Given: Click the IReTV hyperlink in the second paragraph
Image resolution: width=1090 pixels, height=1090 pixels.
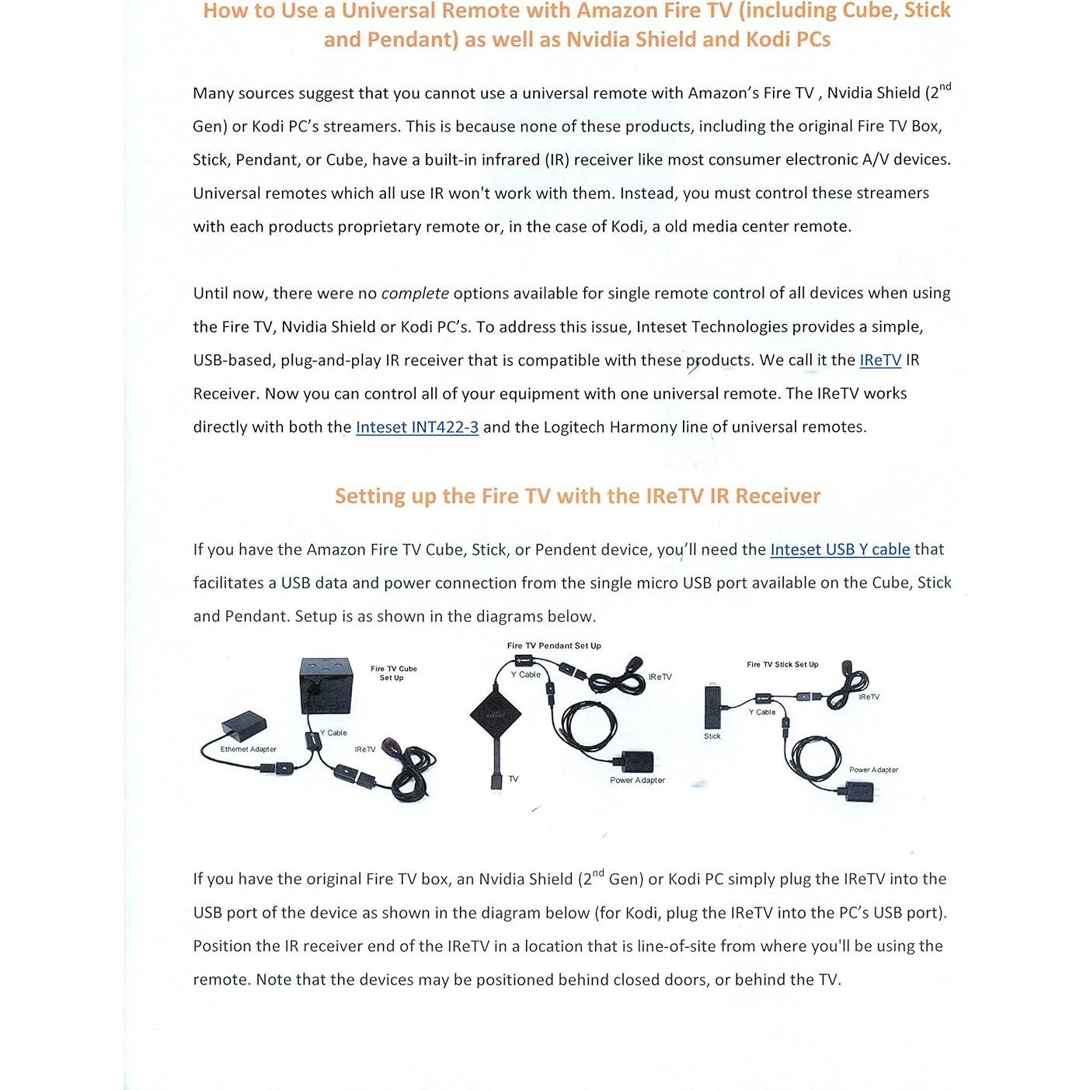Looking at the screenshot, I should [x=879, y=360].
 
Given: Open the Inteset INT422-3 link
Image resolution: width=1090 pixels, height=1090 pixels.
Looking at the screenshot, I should [x=416, y=427].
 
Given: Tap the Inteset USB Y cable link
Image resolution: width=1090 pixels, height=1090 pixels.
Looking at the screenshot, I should [x=839, y=550].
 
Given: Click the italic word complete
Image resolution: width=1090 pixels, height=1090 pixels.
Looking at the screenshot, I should [x=415, y=294].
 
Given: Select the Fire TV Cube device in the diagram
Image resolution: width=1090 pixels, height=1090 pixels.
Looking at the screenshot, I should [x=325, y=684].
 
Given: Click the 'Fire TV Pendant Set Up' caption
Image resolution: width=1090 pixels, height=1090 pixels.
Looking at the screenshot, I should [x=554, y=646].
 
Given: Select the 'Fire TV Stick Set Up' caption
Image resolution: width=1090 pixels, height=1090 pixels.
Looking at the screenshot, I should [x=782, y=664].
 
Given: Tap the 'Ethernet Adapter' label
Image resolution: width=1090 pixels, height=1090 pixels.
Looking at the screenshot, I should [x=248, y=750].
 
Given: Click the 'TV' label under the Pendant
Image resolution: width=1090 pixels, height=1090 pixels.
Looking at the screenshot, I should [x=514, y=779].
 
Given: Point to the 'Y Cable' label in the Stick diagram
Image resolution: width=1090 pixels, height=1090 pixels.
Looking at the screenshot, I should [x=761, y=712].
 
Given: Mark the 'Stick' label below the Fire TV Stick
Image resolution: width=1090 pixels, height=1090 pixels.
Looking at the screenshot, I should [x=712, y=737].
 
